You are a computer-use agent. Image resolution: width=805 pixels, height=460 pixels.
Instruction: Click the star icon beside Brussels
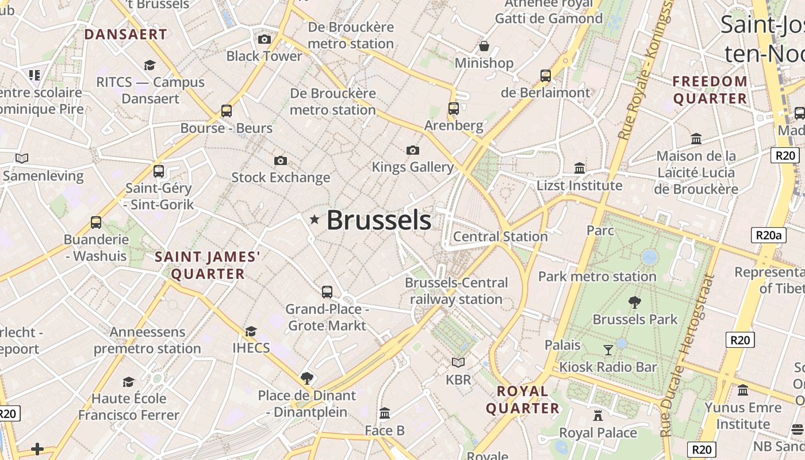click(x=315, y=219)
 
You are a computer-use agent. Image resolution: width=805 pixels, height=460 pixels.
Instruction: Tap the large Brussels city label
click(x=379, y=220)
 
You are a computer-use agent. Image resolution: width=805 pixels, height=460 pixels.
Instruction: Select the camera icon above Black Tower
click(x=264, y=39)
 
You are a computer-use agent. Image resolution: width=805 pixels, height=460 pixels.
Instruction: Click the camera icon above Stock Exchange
click(x=281, y=160)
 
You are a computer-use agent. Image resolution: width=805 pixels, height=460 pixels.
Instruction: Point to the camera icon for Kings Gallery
click(x=412, y=150)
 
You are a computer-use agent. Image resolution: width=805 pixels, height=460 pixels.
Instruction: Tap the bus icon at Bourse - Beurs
click(x=227, y=110)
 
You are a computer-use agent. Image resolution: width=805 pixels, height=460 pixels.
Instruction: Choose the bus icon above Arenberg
click(x=454, y=108)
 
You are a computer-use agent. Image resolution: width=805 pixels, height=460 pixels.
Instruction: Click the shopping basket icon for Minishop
click(x=484, y=46)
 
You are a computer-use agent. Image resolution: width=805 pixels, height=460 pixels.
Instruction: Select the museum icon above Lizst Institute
click(x=580, y=168)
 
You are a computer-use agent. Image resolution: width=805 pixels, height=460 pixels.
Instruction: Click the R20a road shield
click(x=768, y=235)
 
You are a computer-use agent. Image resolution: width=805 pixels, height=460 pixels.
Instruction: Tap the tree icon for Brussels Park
click(x=635, y=301)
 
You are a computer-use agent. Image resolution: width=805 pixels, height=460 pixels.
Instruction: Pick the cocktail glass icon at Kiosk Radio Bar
click(x=608, y=350)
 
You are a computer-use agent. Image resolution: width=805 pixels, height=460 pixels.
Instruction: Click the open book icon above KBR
click(x=458, y=362)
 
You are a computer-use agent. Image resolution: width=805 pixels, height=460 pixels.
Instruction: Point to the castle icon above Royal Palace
click(x=598, y=415)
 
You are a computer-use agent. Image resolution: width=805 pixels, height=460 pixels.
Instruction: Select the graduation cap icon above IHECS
click(x=251, y=331)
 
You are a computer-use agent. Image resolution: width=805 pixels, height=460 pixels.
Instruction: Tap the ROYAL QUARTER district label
click(x=523, y=400)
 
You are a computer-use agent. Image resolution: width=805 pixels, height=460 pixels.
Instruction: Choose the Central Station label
click(x=500, y=236)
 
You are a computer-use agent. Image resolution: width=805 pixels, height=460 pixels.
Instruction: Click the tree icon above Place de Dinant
click(x=307, y=378)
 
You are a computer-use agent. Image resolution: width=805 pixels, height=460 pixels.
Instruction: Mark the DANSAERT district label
click(x=125, y=34)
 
